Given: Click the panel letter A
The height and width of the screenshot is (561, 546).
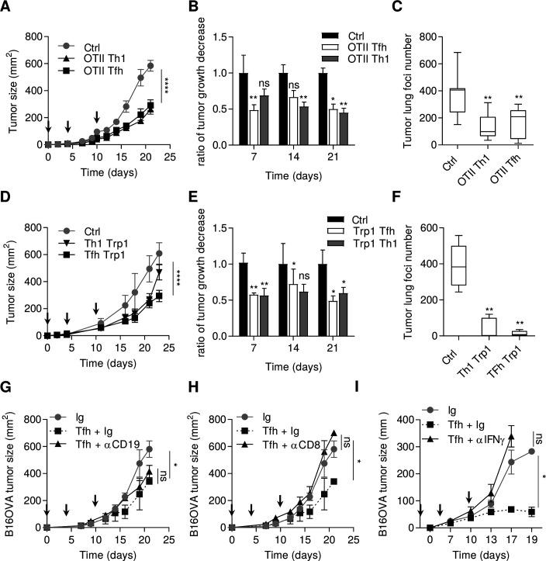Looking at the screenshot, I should (x=7, y=9).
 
